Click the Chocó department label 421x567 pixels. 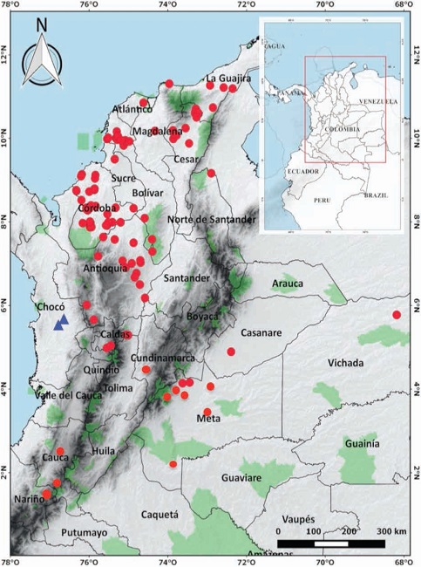pos(51,307)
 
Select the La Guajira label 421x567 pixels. pos(228,79)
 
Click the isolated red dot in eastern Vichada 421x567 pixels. pos(397,315)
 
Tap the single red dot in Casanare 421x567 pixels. pos(231,352)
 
